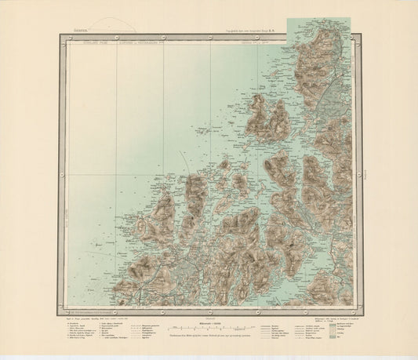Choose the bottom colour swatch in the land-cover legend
333,343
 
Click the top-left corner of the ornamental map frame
60,36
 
